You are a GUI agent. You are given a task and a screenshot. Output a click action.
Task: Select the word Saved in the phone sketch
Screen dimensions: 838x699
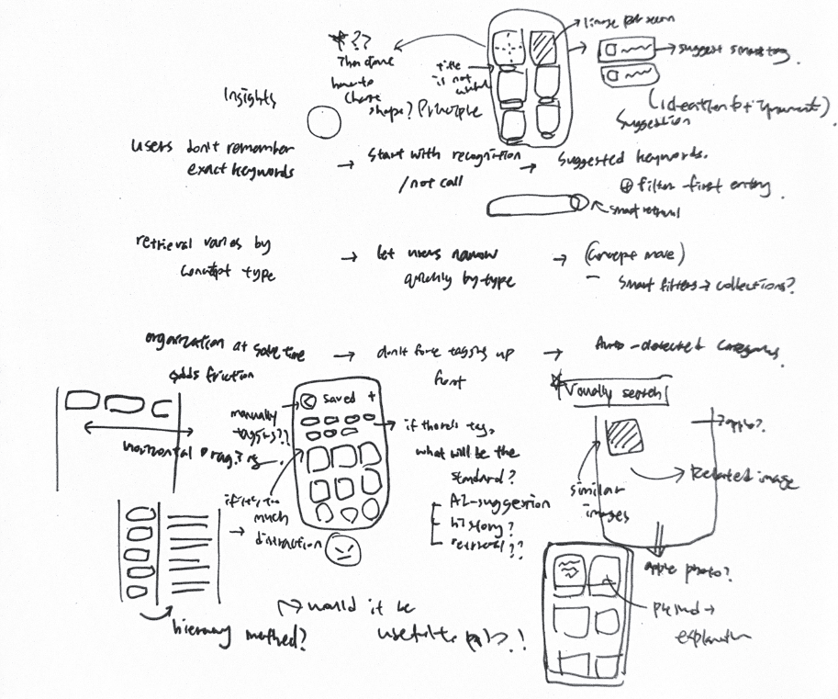338,400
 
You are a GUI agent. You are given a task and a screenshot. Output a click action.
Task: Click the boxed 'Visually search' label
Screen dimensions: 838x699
611,393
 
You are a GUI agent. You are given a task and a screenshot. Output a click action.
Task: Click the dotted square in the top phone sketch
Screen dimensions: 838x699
507,46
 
